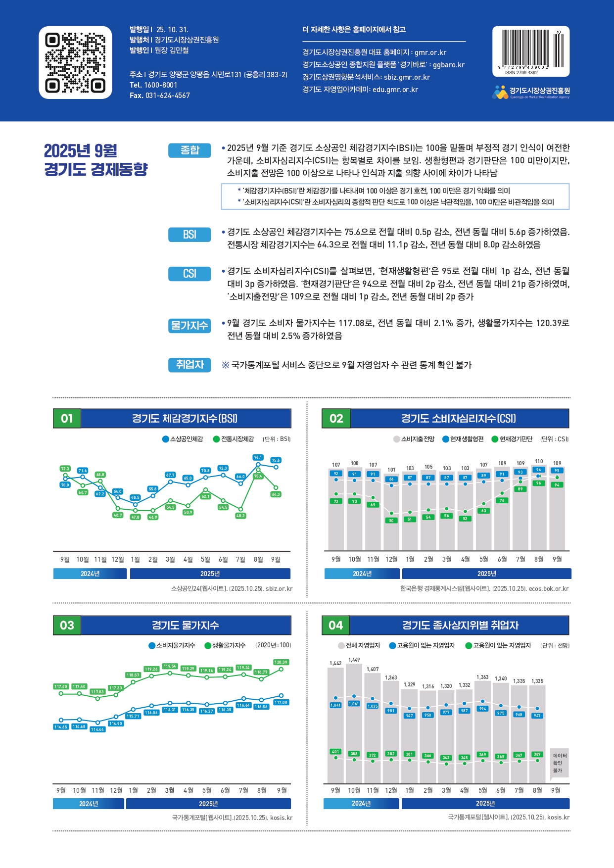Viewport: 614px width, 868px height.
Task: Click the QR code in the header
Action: [x=75, y=62]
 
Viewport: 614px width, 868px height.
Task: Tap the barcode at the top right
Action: [x=530, y=49]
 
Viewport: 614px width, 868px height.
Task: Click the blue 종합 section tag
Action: [x=189, y=150]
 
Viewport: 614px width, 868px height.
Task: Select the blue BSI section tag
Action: [x=189, y=235]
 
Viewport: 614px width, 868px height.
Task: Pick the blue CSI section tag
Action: [x=189, y=274]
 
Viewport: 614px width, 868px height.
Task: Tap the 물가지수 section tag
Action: [x=189, y=326]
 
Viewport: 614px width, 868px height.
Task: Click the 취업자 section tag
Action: [x=189, y=365]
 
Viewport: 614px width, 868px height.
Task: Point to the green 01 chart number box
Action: [x=67, y=419]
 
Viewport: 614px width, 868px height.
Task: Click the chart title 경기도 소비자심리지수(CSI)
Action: [x=458, y=419]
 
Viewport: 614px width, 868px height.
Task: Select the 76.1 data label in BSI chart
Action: [x=258, y=457]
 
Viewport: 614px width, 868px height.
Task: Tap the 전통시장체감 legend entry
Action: [x=234, y=439]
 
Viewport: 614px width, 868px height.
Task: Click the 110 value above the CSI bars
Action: [x=539, y=461]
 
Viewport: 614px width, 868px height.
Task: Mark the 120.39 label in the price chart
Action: [x=281, y=662]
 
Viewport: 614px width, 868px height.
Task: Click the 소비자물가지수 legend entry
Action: [x=172, y=645]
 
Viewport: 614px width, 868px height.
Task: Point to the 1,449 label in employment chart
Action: [x=354, y=660]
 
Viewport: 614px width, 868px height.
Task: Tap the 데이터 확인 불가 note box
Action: [x=559, y=763]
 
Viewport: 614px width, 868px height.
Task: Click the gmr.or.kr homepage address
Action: [x=430, y=52]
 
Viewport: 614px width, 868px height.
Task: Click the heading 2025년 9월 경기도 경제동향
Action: [x=96, y=159]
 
